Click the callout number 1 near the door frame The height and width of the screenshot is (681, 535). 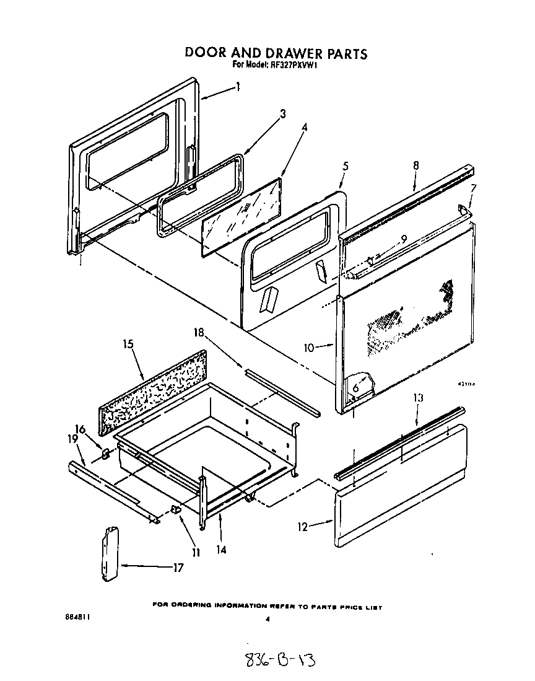[x=238, y=88]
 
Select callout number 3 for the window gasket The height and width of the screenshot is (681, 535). [x=282, y=114]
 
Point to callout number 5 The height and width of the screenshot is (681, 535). [x=346, y=166]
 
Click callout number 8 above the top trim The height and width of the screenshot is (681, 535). [x=416, y=165]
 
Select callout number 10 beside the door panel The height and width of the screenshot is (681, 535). [x=309, y=348]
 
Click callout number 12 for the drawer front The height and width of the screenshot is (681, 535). [x=303, y=527]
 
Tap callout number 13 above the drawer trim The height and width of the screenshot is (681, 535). [x=419, y=398]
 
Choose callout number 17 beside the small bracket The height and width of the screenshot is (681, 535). [x=178, y=567]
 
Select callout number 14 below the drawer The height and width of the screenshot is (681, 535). [x=221, y=549]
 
